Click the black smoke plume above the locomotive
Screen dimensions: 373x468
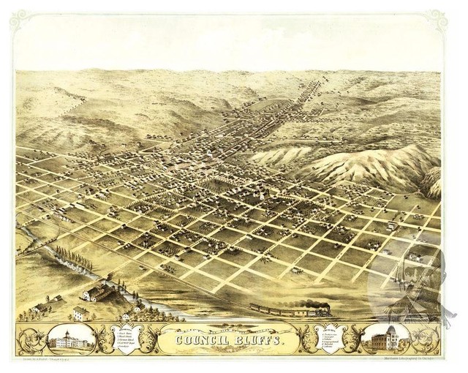[316, 302]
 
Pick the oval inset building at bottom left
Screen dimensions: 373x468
[71, 339]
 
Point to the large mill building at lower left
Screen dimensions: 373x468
[99, 293]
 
